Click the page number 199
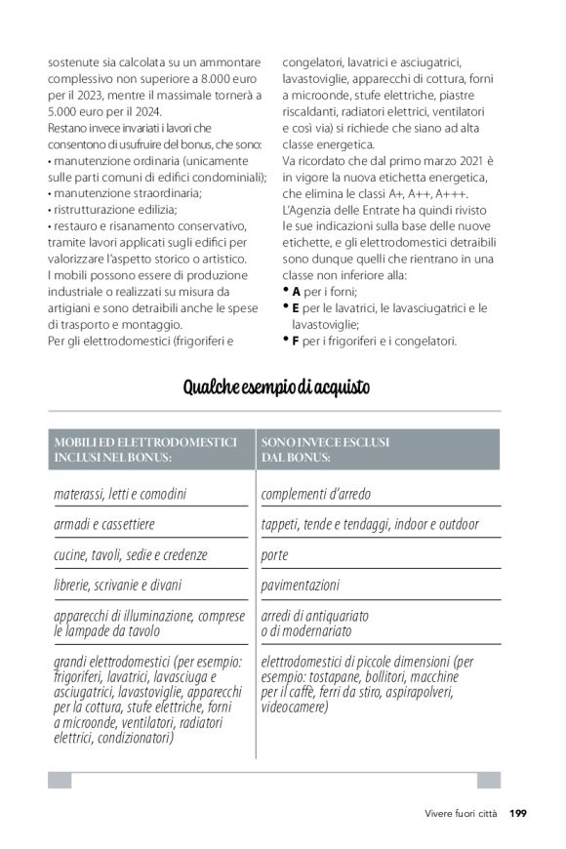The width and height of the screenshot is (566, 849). (517, 812)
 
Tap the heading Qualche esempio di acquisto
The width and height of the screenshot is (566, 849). (277, 388)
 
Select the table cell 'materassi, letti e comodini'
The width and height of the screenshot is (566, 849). (120, 494)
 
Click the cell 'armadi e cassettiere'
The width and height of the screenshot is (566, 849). (104, 524)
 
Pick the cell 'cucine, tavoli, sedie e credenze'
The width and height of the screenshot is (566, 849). (131, 554)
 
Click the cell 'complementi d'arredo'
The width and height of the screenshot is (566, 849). (316, 494)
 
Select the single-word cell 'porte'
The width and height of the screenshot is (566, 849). (275, 554)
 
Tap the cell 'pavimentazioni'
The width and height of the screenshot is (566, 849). (301, 586)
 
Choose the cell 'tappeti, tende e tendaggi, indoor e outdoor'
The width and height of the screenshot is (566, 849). (370, 524)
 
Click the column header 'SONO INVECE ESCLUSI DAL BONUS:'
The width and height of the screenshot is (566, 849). (326, 449)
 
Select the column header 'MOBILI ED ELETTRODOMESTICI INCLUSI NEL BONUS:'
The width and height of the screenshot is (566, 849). (145, 449)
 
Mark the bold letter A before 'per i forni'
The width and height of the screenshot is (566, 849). (296, 291)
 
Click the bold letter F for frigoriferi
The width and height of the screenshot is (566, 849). (296, 341)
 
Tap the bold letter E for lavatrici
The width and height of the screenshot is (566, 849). (296, 307)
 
